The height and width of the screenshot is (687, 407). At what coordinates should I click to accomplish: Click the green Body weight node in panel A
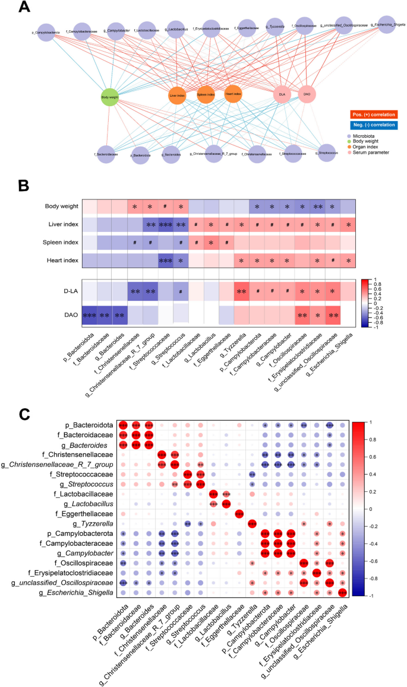tap(111, 97)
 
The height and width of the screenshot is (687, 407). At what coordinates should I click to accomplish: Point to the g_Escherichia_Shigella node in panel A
tap(387, 26)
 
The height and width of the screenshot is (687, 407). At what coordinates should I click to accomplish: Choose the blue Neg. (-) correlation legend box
tap(373, 125)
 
